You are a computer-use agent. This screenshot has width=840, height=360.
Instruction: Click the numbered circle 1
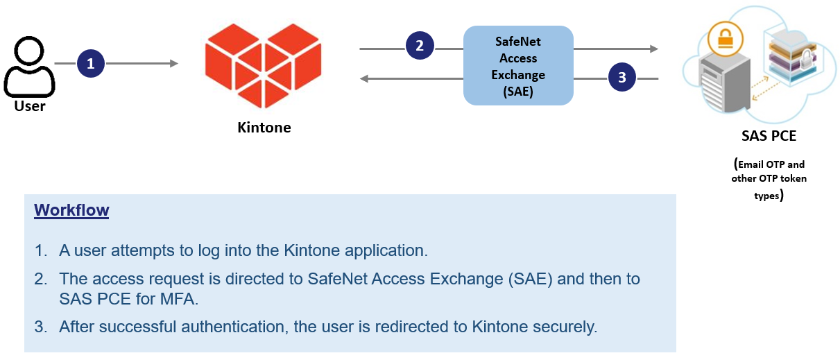90,64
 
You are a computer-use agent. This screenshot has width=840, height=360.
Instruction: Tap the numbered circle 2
419,46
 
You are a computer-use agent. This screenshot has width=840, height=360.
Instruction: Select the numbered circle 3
622,78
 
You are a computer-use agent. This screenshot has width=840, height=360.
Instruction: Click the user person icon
29,67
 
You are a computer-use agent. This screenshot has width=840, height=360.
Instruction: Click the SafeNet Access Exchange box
518,66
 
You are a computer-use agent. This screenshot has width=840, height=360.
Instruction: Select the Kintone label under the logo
264,128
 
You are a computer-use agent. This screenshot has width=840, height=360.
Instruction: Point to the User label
30,106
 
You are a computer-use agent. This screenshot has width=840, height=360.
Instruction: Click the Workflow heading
71,210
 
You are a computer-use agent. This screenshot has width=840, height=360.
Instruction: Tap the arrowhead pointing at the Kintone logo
173,64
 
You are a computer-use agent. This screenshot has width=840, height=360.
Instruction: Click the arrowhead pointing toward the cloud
653,49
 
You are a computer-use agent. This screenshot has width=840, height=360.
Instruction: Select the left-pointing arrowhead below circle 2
364,78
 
